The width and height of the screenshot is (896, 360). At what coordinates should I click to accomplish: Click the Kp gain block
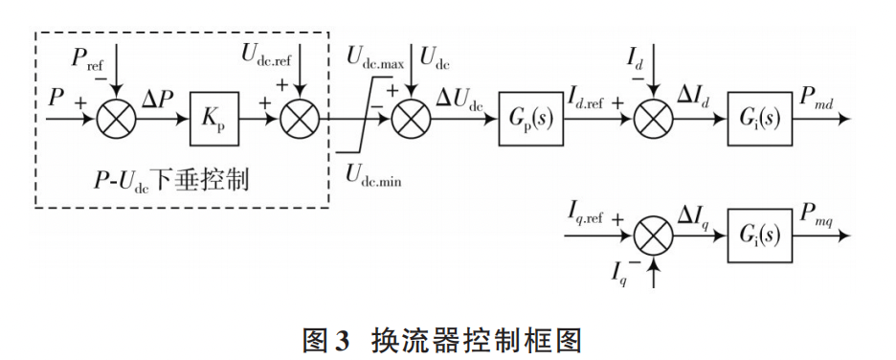coord(213,121)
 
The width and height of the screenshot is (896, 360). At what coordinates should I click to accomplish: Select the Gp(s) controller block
coord(529,122)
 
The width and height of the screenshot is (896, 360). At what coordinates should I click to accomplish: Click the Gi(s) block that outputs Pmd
coord(759,122)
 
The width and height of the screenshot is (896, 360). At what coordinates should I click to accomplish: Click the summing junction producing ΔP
coord(115,122)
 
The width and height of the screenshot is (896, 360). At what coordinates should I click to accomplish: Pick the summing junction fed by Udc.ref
coord(300,122)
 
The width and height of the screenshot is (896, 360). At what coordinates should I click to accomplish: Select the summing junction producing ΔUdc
coord(412,122)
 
